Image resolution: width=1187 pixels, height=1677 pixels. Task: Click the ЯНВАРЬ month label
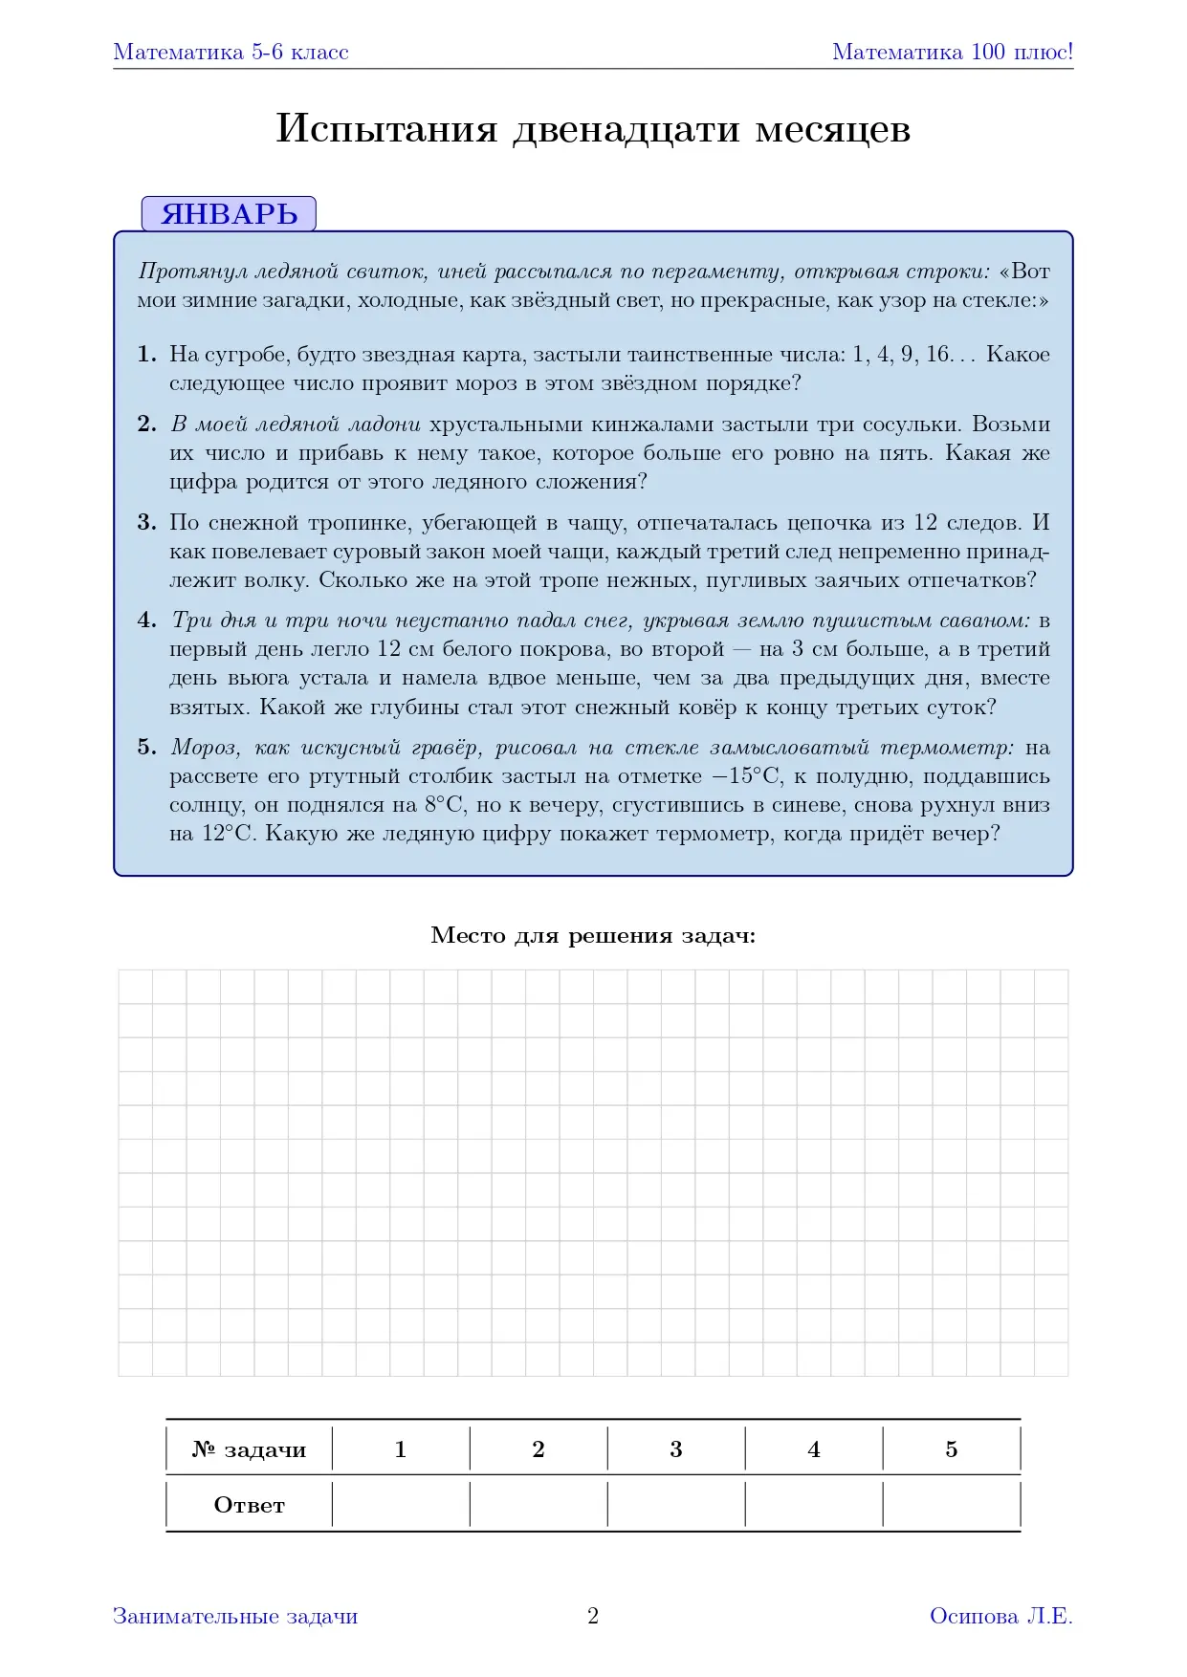click(x=229, y=214)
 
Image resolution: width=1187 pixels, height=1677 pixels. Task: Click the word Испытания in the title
click(x=386, y=129)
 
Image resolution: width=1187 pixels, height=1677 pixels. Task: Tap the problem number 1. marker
click(x=146, y=355)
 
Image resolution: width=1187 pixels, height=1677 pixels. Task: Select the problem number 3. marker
click(x=146, y=523)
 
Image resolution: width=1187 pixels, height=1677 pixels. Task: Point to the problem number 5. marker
click(x=146, y=748)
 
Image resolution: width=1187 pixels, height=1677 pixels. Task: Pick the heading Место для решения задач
click(x=593, y=935)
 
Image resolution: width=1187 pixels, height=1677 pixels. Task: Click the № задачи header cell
click(x=249, y=1449)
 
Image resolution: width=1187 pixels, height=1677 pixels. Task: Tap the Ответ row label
click(x=249, y=1506)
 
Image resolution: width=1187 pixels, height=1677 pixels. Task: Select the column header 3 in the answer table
click(x=676, y=1449)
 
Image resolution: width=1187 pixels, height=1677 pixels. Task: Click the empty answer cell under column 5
click(x=952, y=1506)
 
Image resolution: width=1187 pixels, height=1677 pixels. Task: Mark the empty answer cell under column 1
click(x=401, y=1506)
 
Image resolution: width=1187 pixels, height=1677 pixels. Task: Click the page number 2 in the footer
click(x=593, y=1616)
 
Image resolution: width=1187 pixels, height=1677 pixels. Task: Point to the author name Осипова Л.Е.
click(x=1000, y=1616)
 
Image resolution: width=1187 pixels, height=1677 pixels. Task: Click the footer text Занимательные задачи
click(x=235, y=1616)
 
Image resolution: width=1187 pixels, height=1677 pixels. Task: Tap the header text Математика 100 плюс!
click(x=953, y=53)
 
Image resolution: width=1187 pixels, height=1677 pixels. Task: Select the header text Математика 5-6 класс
click(x=231, y=53)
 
